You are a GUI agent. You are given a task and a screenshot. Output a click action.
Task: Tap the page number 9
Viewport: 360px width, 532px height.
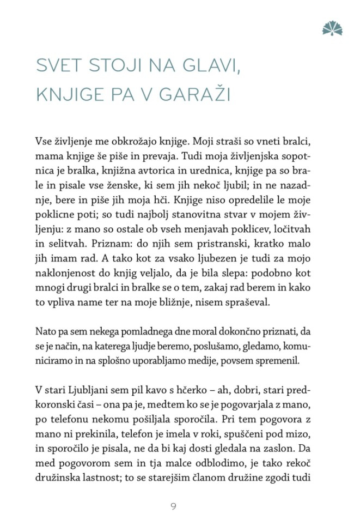click(173, 506)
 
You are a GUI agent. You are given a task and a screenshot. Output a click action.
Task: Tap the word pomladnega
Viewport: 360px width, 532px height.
click(130, 332)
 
